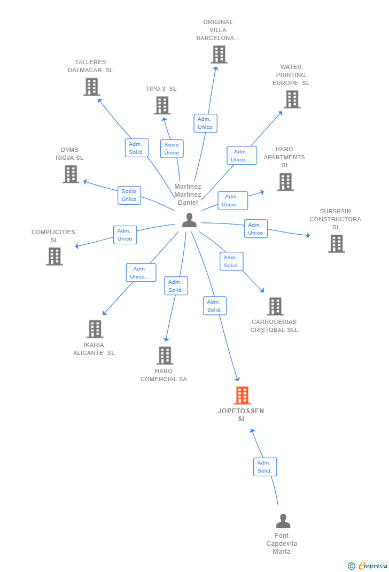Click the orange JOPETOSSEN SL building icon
click(242, 396)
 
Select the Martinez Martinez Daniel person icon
click(189, 220)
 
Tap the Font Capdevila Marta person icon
click(283, 521)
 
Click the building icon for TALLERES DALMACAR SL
click(92, 87)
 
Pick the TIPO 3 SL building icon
click(162, 105)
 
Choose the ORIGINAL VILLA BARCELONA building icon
click(219, 55)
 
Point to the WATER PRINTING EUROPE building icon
click(292, 99)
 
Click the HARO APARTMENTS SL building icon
click(285, 182)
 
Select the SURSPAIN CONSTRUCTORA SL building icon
click(336, 244)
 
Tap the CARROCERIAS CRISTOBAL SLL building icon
click(275, 306)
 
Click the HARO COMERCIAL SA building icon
click(165, 355)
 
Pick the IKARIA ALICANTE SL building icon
click(95, 329)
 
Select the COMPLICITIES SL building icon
click(54, 257)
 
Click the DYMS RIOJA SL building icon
click(71, 174)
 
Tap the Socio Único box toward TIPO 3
click(172, 149)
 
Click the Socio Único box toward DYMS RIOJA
click(129, 195)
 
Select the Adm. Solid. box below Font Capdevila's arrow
click(264, 467)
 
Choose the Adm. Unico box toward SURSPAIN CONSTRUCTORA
click(255, 229)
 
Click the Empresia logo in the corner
click(368, 566)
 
